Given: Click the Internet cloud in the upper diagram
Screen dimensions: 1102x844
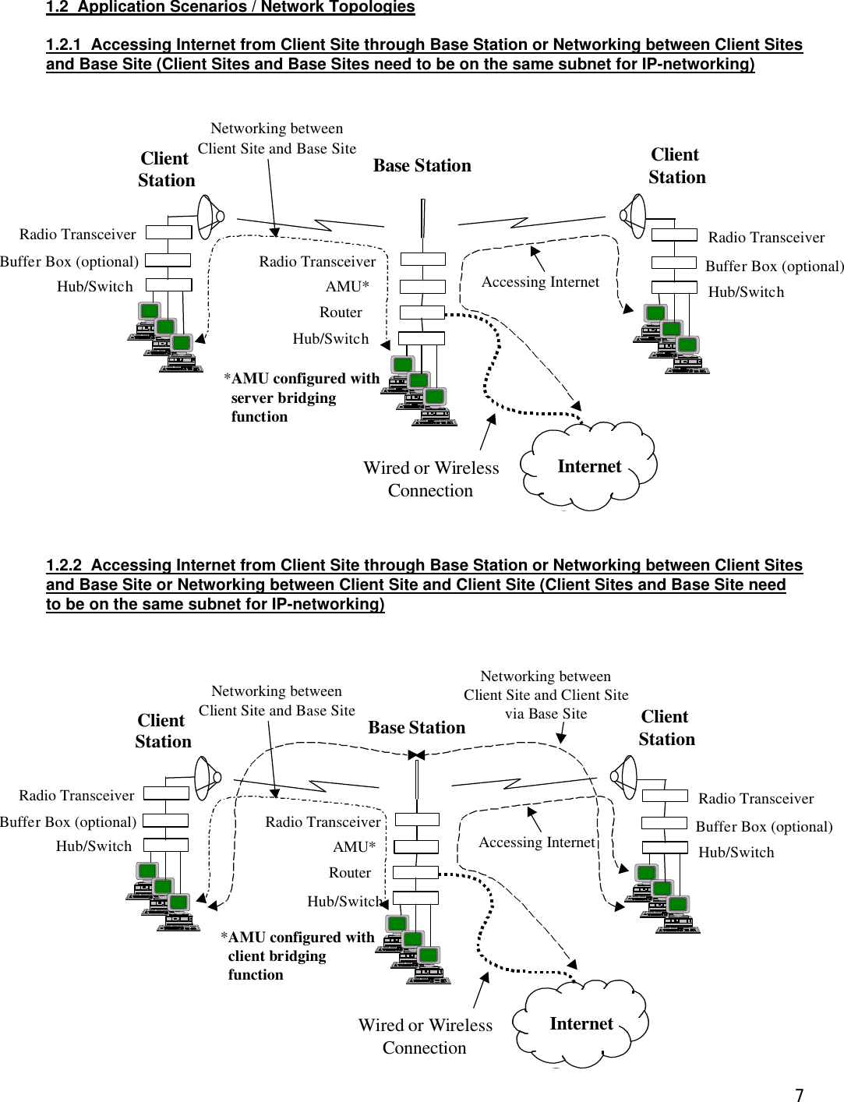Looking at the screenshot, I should [x=589, y=467].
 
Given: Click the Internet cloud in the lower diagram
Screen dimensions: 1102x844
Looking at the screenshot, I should [x=581, y=1024].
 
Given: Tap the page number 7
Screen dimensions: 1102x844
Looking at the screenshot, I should [x=799, y=1094].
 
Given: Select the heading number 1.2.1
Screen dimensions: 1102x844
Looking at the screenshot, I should [x=63, y=45].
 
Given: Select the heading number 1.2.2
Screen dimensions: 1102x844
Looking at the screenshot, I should [x=63, y=566].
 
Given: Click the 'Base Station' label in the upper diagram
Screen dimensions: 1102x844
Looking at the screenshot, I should [x=422, y=166].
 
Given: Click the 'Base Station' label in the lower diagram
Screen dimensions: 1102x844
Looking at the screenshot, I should [x=416, y=728].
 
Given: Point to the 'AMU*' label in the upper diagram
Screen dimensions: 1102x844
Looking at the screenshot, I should [x=347, y=287].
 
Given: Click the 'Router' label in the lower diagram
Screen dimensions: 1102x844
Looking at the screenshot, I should [x=349, y=873].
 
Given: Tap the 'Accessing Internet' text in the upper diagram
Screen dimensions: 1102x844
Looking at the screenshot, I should [x=540, y=282].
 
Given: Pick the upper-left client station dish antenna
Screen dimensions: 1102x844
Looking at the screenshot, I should [x=210, y=216].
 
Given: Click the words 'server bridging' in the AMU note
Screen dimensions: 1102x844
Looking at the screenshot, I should [x=283, y=398].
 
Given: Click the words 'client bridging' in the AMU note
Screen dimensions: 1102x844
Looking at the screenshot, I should [x=277, y=956].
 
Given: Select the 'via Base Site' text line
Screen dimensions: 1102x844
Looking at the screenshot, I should [x=546, y=714].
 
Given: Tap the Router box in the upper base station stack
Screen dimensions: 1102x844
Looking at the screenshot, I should [x=422, y=313].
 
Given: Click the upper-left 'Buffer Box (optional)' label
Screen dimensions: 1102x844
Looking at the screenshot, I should [x=69, y=262].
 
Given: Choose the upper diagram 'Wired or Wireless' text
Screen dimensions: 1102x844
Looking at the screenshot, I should [x=431, y=468].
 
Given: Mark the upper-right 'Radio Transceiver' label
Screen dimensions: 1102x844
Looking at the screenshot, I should [x=766, y=238].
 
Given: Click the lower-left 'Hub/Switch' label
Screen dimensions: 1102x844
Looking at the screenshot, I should [x=94, y=846].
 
